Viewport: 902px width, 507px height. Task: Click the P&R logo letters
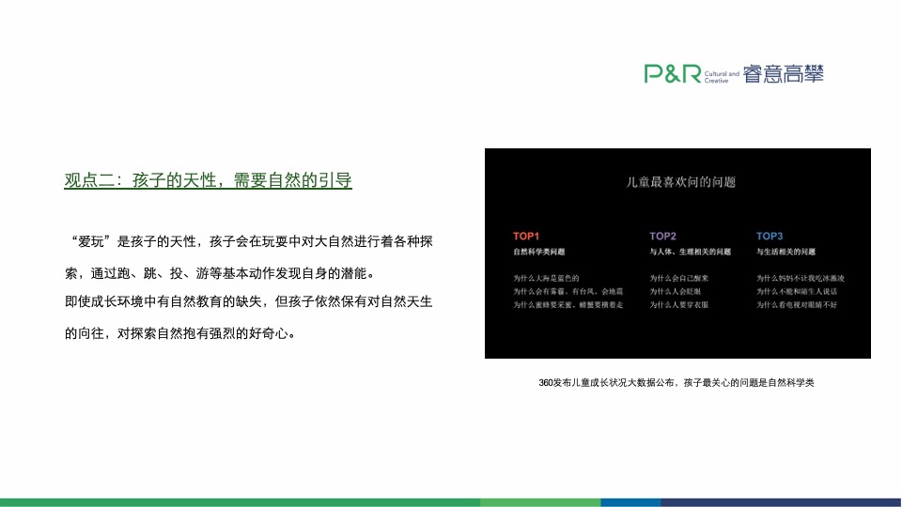(672, 74)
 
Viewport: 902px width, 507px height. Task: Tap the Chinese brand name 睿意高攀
(783, 74)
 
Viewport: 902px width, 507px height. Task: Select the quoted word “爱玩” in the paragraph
(88, 241)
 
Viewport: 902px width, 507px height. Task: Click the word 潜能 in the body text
(354, 274)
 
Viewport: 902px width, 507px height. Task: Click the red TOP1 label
(526, 236)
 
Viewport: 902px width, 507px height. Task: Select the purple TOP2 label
(662, 236)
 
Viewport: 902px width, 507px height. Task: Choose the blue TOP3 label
(770, 236)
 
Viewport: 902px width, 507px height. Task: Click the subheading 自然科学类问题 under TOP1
(539, 253)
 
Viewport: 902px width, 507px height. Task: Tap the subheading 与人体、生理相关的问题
(691, 253)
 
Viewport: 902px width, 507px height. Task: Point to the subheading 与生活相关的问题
(786, 253)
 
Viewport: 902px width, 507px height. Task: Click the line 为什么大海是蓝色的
(546, 278)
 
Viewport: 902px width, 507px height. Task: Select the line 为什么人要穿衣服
(679, 305)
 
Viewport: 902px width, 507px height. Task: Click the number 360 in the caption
(547, 383)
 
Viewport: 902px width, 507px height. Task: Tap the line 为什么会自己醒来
(679, 278)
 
